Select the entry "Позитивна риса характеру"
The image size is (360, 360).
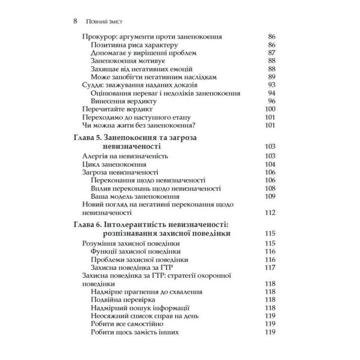(134, 45)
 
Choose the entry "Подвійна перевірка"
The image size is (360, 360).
(123, 300)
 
